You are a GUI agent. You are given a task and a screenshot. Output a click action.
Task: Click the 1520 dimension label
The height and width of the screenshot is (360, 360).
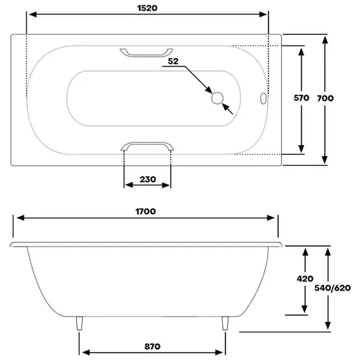pos(147,8)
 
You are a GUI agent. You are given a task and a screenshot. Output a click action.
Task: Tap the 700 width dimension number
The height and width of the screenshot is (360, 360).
pos(325,99)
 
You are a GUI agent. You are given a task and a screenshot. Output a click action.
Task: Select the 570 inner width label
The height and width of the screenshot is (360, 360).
pos(301,98)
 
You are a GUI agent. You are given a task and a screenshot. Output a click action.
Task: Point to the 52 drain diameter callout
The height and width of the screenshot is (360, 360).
pos(173,61)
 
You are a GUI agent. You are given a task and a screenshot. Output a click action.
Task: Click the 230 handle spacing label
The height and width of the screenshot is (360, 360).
pos(148,179)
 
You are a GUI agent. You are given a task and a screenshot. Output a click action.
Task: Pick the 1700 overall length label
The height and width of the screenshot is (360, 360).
pos(145,211)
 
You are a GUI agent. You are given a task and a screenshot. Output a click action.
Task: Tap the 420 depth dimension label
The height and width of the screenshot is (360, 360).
pos(305,279)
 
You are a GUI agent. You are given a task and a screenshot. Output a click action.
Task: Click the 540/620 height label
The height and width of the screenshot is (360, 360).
pos(332,288)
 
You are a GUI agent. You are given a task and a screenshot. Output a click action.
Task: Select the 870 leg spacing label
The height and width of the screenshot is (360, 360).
pos(152,347)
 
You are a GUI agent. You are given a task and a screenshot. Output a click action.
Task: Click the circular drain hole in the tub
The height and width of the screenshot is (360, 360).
pos(217,98)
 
